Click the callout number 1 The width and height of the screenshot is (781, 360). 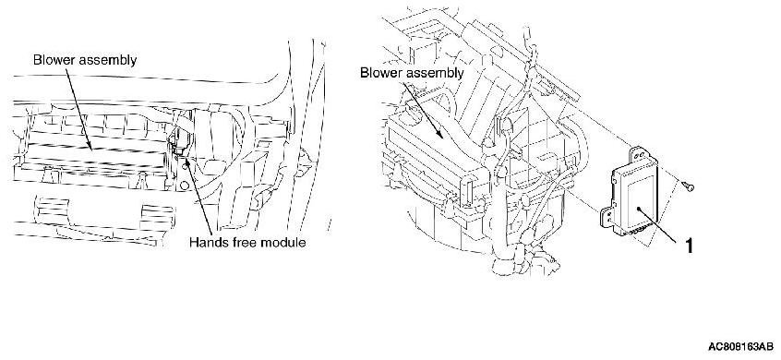point(689,246)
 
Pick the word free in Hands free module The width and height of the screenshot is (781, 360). point(245,243)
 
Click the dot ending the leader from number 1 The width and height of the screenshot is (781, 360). point(639,210)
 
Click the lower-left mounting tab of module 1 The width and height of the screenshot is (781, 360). point(607,218)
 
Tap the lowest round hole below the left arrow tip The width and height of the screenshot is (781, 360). point(185,186)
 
